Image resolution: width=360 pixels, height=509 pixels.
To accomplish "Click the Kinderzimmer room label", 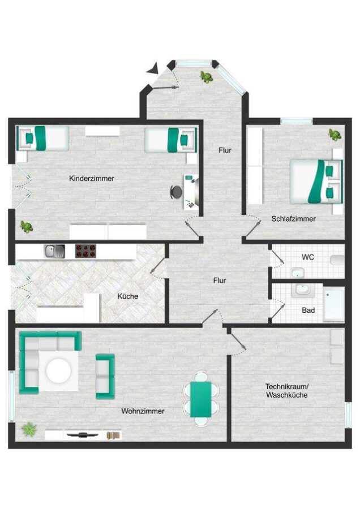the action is point(92,179).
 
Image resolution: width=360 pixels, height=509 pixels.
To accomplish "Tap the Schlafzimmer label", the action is point(293,219).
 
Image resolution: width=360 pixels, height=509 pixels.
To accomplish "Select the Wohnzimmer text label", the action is point(143,411).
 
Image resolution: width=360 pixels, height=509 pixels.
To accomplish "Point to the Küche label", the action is point(128,296).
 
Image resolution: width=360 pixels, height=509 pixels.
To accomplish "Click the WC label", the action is point(308,257).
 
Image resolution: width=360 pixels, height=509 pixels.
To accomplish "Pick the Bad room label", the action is point(308,310).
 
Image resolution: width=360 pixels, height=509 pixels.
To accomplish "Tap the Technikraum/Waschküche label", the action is point(286,391).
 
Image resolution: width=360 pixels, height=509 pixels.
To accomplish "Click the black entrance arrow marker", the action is point(152,68).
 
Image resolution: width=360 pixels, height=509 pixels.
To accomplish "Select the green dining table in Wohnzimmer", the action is point(200,399).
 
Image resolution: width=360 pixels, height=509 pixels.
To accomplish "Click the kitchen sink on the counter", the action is point(54,251).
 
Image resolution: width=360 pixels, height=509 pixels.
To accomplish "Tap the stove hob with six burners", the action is point(86,251).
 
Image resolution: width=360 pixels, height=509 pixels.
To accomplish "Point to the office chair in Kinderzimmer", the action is point(176,192).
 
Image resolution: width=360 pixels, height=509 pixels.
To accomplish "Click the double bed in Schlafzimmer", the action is point(316,182).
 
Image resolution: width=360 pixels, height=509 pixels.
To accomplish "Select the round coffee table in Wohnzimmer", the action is point(58,370).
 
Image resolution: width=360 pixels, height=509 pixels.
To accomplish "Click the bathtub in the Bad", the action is point(333,304).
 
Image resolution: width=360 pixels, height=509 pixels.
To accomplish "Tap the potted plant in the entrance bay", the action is point(206,77).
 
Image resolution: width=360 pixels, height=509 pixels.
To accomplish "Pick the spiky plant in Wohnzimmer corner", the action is point(29,429).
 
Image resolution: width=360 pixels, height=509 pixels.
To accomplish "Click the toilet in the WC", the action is point(337,260).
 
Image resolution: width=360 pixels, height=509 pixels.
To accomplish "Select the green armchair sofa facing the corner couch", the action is point(105,376).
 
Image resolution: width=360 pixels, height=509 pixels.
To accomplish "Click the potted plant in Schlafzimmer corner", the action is point(335,135).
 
